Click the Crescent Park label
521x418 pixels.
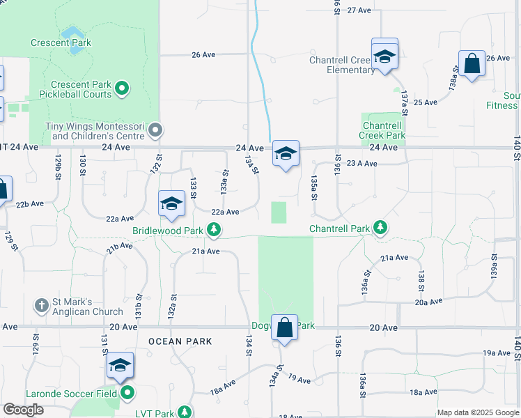click(x=61, y=42)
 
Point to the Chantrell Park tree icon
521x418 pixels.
click(x=380, y=227)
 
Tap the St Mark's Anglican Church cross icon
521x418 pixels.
click(x=42, y=305)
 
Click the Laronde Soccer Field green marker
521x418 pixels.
click(x=127, y=394)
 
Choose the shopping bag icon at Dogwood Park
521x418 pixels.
click(x=285, y=327)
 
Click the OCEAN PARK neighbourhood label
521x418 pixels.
click(x=180, y=341)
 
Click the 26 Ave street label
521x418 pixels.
click(x=203, y=54)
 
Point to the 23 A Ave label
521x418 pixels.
click(x=361, y=164)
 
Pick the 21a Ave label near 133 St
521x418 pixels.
click(x=206, y=251)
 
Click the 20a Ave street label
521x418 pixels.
click(x=428, y=302)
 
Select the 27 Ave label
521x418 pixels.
click(x=359, y=10)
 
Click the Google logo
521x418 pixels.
click(x=23, y=410)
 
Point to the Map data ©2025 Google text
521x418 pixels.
click(x=477, y=412)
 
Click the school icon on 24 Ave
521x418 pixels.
click(x=285, y=155)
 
